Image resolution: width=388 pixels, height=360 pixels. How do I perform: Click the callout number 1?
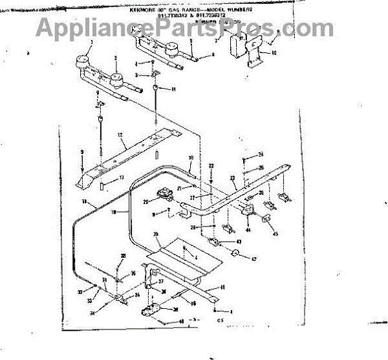click(x=91, y=42)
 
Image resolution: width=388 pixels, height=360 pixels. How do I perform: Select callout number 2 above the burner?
click(x=116, y=58)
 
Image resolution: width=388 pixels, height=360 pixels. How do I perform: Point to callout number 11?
click(x=173, y=87)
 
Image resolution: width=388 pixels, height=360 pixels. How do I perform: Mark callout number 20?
click(x=147, y=201)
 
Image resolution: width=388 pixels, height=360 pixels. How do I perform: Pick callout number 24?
click(x=261, y=154)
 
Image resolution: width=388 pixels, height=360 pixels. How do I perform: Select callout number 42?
click(x=253, y=259)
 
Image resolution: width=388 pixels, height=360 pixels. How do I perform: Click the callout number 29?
click(x=155, y=234)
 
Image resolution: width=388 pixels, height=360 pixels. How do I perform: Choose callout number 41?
click(x=223, y=287)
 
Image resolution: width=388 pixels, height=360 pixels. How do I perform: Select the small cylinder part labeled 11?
click(x=155, y=88)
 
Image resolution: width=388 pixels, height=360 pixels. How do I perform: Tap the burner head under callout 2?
click(x=117, y=80)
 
